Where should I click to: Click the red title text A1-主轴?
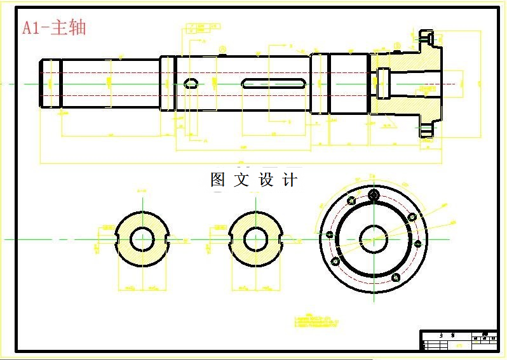coord(53,28)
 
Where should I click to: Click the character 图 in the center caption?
coord(218,180)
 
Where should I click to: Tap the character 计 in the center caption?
coord(289,180)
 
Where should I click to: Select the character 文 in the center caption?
coord(241,180)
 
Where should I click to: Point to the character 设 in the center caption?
coord(266,180)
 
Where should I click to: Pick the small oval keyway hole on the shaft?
coord(191,82)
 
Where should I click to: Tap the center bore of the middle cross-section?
coord(255,239)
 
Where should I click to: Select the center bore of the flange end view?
coord(373,239)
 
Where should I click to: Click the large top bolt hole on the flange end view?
coord(374,194)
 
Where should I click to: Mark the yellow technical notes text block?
coord(318,321)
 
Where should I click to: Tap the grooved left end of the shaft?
coord(50,83)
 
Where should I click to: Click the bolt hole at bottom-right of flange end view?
coord(396,277)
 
